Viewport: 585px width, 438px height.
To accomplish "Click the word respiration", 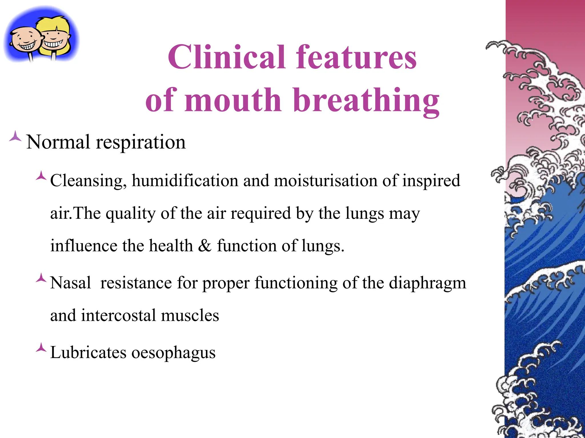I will coord(141,142).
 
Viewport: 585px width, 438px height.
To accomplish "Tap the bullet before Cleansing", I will coord(41,175).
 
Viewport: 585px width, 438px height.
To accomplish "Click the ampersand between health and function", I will coord(205,246).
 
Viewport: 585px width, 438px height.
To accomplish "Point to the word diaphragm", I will coord(427,283).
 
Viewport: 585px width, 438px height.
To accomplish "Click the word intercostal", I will coord(118,315).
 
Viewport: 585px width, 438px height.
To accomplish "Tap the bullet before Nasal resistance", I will coord(41,278).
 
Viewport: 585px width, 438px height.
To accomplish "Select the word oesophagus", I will coord(173,352).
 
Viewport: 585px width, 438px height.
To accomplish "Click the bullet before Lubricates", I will coord(41,348).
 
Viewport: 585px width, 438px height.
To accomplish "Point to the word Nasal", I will coord(71,283).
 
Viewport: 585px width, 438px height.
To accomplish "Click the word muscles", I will coord(190,315).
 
